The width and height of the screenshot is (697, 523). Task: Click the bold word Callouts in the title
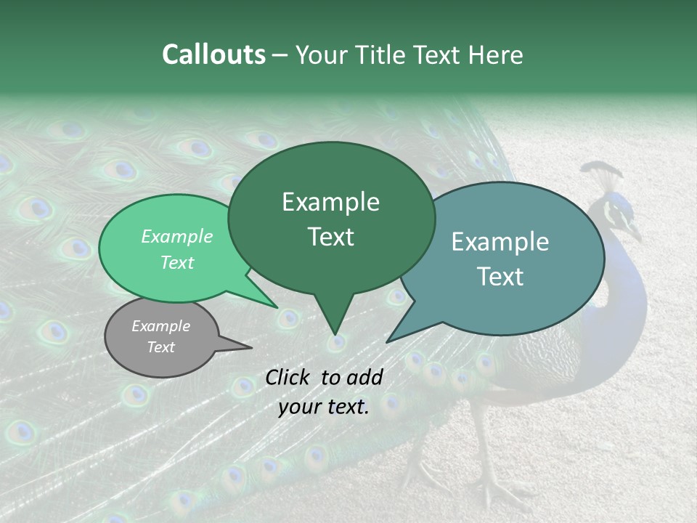click(x=213, y=54)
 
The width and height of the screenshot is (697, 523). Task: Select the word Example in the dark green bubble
click(x=330, y=202)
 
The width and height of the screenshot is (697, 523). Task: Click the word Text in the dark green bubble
click(x=330, y=237)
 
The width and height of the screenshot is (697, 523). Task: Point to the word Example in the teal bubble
click(x=500, y=242)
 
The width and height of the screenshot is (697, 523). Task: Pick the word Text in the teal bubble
click(x=500, y=277)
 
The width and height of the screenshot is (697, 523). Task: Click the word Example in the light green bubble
click(x=177, y=237)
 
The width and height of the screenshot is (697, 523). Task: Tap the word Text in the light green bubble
click(x=177, y=262)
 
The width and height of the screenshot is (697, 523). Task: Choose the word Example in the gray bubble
click(x=160, y=326)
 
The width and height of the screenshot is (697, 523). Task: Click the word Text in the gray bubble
click(x=160, y=347)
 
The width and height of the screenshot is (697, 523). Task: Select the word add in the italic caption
click(x=365, y=377)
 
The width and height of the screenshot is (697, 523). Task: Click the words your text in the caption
click(x=324, y=407)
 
